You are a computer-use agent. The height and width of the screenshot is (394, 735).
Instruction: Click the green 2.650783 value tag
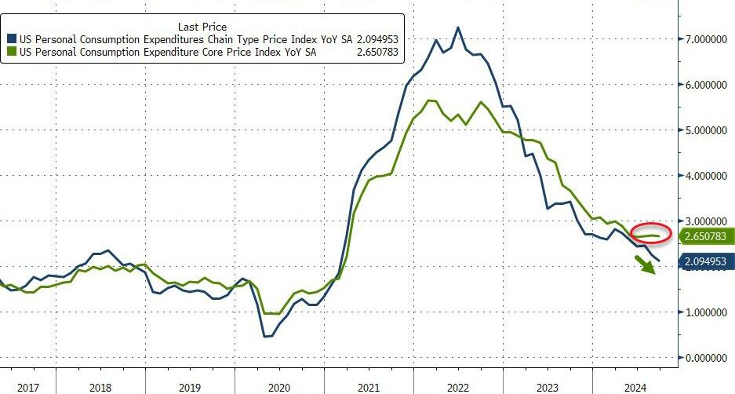pyautogui.click(x=706, y=235)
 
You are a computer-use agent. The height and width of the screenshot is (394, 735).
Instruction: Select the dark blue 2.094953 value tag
pyautogui.click(x=706, y=261)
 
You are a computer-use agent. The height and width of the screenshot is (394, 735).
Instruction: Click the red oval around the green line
pyautogui.click(x=650, y=232)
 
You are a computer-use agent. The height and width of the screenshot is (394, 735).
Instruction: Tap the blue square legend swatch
pyautogui.click(x=11, y=38)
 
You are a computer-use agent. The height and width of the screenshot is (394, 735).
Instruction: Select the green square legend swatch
pyautogui.click(x=11, y=52)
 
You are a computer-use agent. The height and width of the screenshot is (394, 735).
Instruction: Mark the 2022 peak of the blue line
pyautogui.click(x=458, y=27)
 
